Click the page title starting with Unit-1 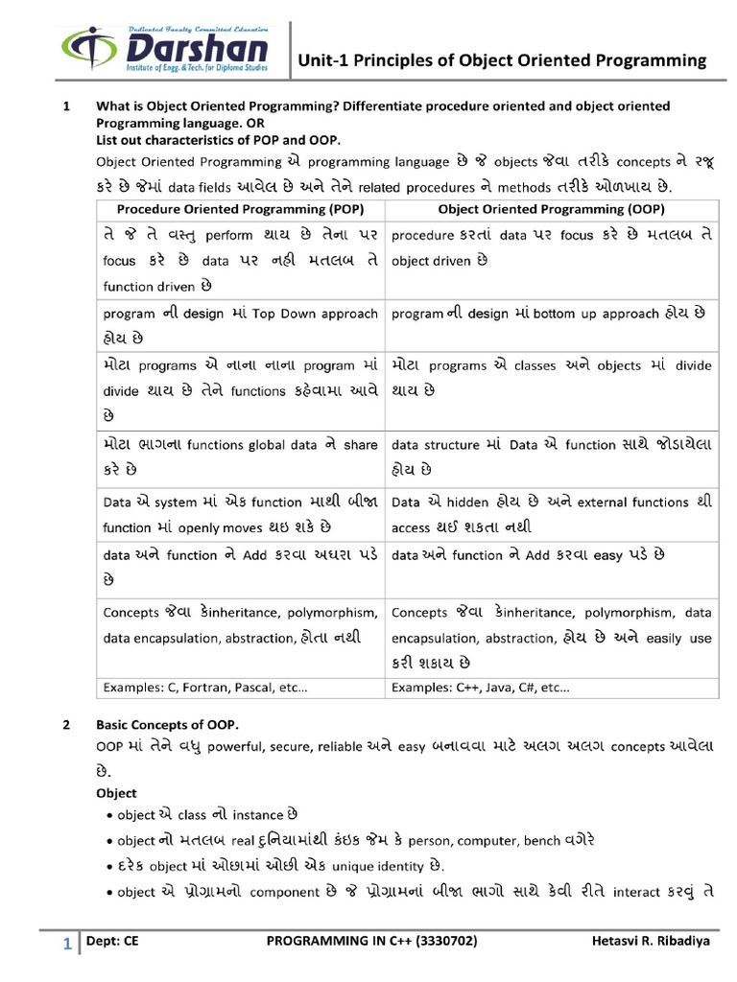(502, 61)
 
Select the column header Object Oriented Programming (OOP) (551, 208)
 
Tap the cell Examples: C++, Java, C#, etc (481, 687)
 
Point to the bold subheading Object (116, 793)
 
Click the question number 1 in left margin (65, 105)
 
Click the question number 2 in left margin (65, 724)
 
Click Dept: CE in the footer (112, 942)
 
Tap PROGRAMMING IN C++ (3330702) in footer (370, 942)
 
